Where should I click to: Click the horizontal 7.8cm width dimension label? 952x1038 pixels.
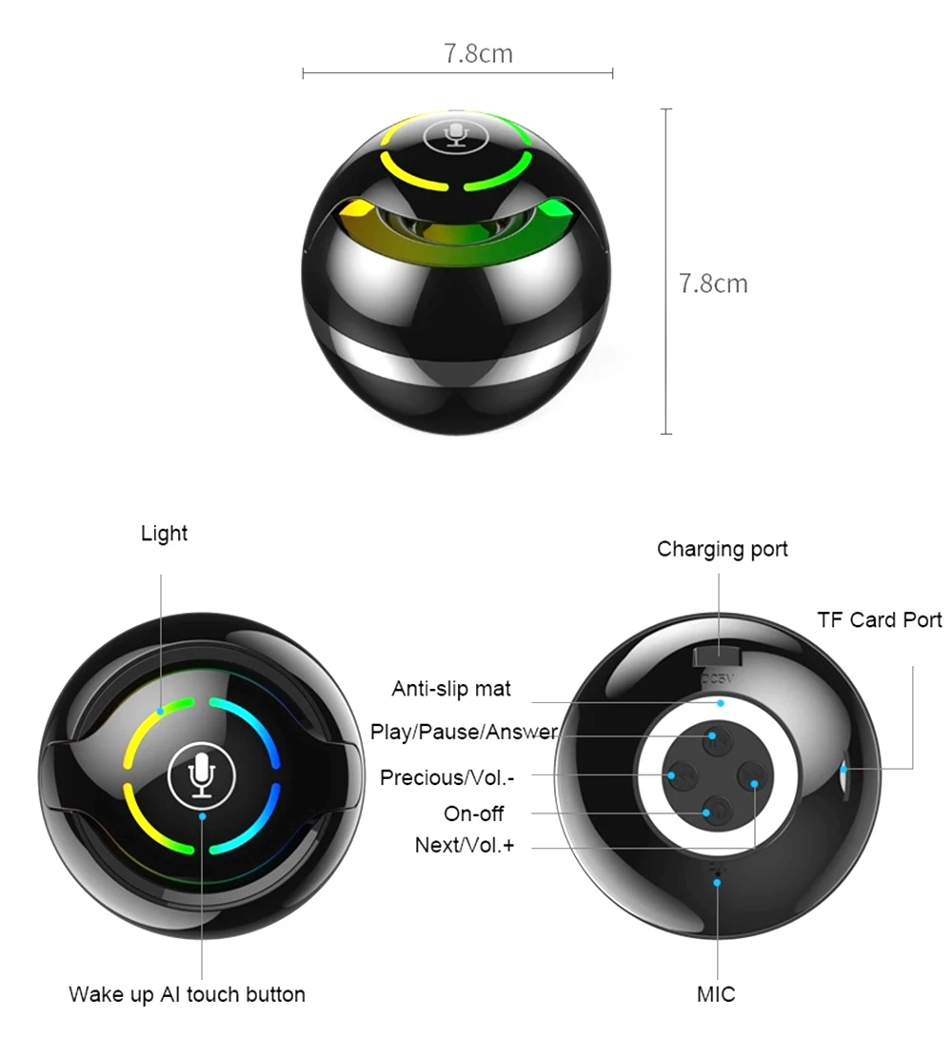click(478, 53)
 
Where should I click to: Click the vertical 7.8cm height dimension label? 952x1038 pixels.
click(713, 284)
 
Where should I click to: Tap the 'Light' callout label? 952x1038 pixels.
click(165, 534)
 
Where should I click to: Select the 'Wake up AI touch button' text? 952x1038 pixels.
click(188, 995)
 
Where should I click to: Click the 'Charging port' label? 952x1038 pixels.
click(723, 549)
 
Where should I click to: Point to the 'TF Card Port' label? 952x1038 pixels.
click(879, 620)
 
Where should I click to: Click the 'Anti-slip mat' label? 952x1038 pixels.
click(451, 689)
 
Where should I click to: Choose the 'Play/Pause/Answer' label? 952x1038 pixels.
click(464, 733)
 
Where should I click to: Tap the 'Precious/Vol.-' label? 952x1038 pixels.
click(447, 777)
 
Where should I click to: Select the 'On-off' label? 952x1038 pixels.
click(474, 813)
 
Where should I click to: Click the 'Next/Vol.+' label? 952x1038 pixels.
click(465, 845)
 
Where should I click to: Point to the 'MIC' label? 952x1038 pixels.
click(716, 995)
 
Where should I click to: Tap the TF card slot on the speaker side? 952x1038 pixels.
click(845, 770)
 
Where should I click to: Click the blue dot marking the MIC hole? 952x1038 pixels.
click(717, 882)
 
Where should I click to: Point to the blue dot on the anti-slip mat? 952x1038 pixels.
click(721, 703)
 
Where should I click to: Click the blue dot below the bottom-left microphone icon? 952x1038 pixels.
click(201, 816)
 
